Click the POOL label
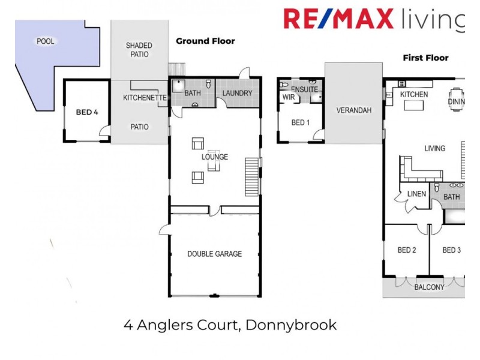coord(45,41)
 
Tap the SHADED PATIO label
coord(139,50)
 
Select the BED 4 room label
coord(87,112)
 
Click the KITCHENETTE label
coord(144,98)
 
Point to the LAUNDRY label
coord(237,93)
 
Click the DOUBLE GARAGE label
coord(214,254)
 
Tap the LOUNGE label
coord(214,157)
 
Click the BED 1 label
coord(301,123)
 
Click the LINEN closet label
coord(416,194)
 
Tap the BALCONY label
coord(429,287)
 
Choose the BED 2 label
coord(407,250)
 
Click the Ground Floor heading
coord(205,41)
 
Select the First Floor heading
coord(425,58)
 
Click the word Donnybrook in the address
coord(292,326)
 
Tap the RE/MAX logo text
coord(338,19)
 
